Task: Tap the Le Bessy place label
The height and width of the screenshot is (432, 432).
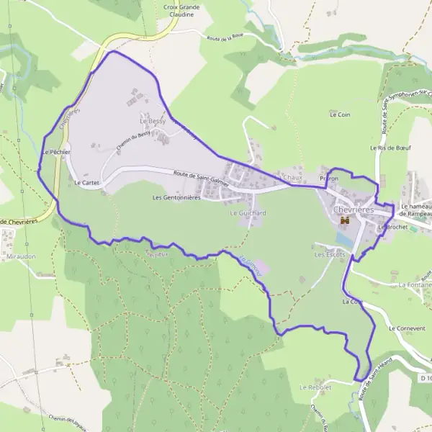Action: pos(153,122)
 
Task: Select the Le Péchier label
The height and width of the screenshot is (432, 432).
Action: pos(55,153)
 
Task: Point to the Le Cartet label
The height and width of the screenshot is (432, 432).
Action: pos(86,183)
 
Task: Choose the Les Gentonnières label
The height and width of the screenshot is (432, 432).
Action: pos(176,197)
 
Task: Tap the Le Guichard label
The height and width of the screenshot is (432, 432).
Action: pos(248,214)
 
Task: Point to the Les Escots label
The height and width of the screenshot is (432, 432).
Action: pos(330,255)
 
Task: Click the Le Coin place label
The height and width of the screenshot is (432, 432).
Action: pos(340,114)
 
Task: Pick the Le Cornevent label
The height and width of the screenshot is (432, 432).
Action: pos(407,328)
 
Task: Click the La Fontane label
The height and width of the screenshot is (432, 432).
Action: pos(418,284)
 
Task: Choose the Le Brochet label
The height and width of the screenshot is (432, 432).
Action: pos(392,226)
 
